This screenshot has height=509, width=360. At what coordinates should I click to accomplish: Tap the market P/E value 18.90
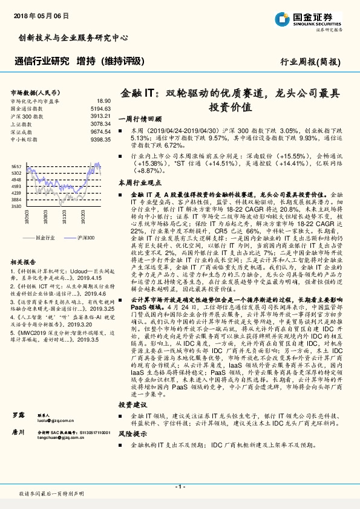pyautogui.click(x=103, y=101)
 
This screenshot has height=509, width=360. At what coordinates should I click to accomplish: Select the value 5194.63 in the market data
pyautogui.click(x=101, y=108)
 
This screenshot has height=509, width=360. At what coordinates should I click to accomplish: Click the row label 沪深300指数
pyautogui.click(x=27, y=115)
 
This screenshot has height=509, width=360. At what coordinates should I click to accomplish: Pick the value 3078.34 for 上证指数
pyautogui.click(x=101, y=123)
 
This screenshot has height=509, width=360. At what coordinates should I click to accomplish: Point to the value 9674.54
pyautogui.click(x=101, y=131)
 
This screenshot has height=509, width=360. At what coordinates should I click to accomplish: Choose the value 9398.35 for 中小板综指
pyautogui.click(x=101, y=138)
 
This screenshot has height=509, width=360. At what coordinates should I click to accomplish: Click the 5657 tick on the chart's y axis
pyautogui.click(x=17, y=166)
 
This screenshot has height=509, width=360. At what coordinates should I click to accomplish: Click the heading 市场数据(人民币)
pyautogui.click(x=36, y=92)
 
